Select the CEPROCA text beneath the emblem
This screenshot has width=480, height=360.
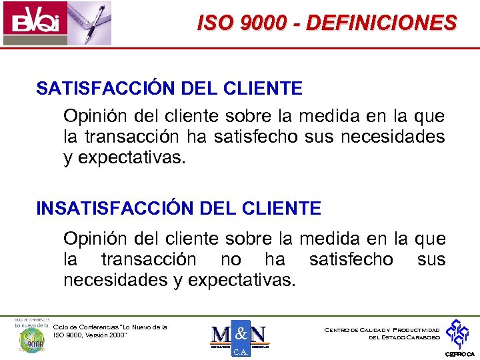[460, 354]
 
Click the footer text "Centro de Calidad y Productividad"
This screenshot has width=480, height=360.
[382, 329]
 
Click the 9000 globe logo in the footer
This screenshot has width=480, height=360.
[30, 338]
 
